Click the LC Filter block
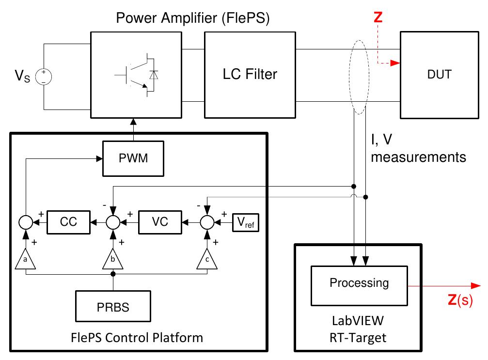(x=250, y=75)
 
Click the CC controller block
(x=69, y=221)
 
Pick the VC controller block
(x=160, y=221)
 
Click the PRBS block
(x=113, y=308)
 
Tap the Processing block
(x=359, y=283)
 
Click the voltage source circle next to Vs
(x=44, y=77)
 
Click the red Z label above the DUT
(x=378, y=17)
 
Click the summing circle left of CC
(x=25, y=222)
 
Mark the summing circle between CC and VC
(x=113, y=222)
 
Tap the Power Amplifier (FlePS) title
(x=193, y=19)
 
